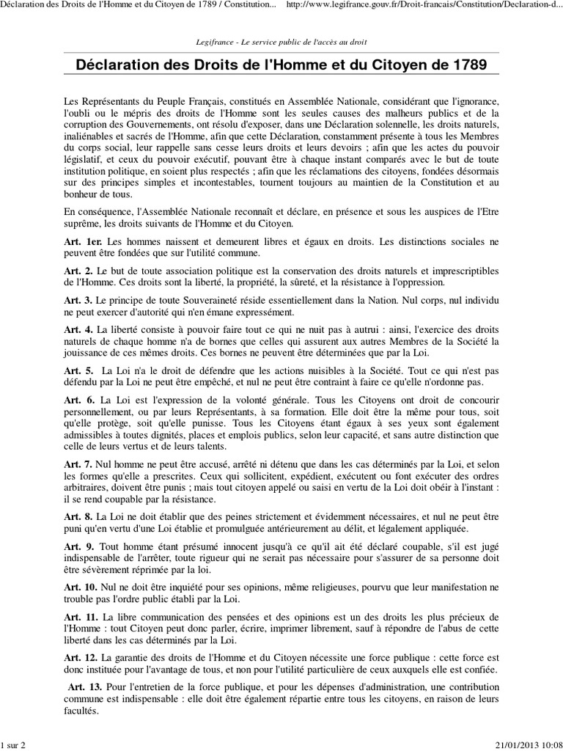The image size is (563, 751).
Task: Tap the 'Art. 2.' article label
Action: point(77,271)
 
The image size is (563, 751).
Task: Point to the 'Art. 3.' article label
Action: point(77,301)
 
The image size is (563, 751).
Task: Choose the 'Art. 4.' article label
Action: point(77,331)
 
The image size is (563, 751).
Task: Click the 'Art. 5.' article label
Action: point(77,371)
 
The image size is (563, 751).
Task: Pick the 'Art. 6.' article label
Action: point(77,400)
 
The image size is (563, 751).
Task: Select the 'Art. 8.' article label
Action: point(77,516)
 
